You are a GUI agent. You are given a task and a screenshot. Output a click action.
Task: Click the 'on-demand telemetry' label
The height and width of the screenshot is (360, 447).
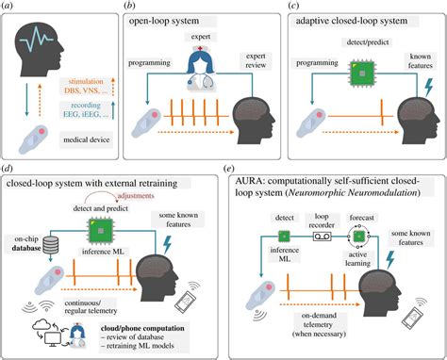326,319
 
